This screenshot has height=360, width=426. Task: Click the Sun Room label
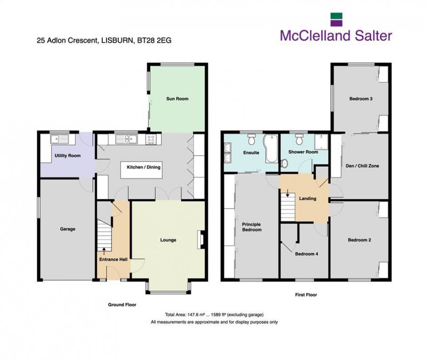point(177,99)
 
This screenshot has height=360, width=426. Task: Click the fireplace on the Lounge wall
point(201,239)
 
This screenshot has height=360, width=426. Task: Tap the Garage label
point(68,229)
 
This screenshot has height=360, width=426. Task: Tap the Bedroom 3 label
point(361,99)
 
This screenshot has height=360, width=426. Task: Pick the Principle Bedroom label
point(251,227)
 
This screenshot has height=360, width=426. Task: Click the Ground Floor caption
point(122,305)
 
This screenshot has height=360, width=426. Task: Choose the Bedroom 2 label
point(359,240)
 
